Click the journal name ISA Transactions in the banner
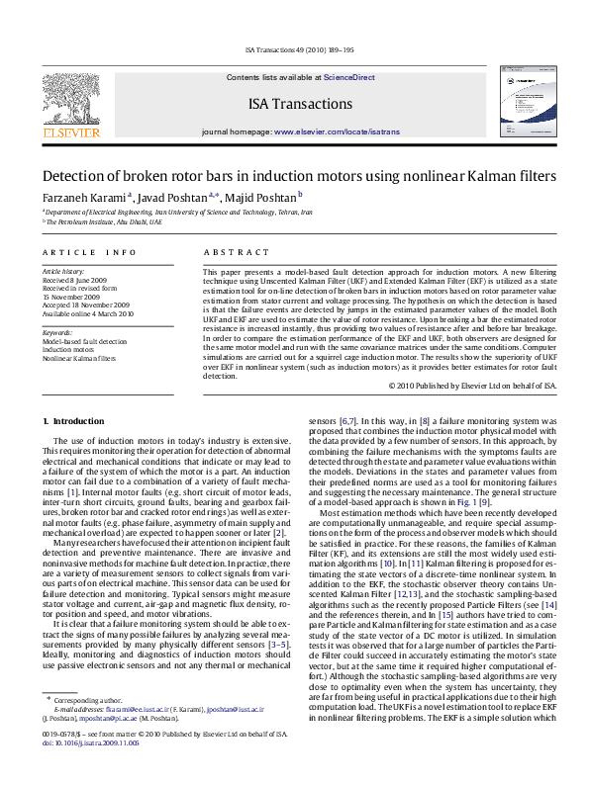coord(301,104)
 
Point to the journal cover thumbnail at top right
coord(522,102)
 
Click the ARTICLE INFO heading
coord(89,253)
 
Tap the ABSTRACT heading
coord(229,253)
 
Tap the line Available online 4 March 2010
coord(87,313)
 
